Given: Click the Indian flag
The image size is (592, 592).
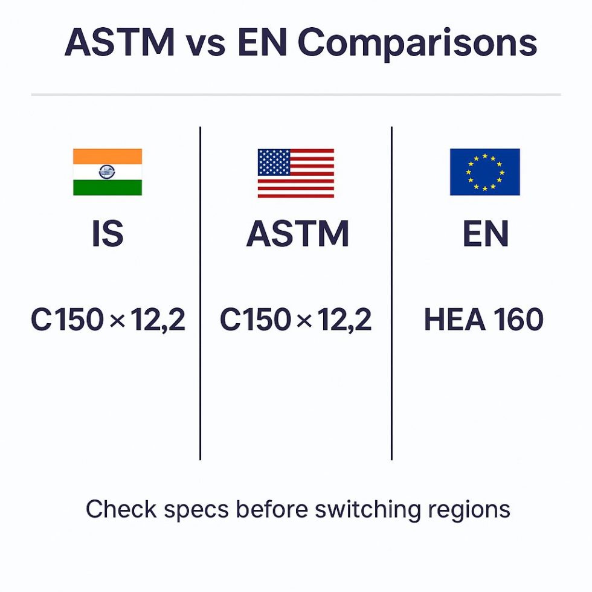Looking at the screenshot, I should coord(108,172).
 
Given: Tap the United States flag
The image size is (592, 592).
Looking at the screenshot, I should coord(295,173).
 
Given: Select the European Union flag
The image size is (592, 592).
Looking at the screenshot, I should coord(484,172).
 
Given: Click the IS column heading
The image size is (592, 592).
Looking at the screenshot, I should coord(108,234).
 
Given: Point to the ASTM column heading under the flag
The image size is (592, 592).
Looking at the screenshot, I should coord(297,234).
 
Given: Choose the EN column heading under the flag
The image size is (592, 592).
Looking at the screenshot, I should coord(485,234).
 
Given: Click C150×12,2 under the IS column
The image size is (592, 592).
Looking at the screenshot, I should coord(108,320).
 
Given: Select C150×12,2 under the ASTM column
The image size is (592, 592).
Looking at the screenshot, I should coord(295,320).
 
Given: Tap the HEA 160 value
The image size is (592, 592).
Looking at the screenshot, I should coord(484,320).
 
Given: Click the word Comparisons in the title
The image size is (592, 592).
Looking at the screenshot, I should coord(417,43).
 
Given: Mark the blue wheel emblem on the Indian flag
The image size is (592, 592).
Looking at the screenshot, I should coord(108,172).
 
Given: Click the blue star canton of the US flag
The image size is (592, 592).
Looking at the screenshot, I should coord(273,162).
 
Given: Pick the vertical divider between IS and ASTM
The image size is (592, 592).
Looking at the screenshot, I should coord(200,293).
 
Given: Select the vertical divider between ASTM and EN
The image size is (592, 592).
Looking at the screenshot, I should coord(391,293).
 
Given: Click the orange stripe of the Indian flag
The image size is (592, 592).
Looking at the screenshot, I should coord(108,156).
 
